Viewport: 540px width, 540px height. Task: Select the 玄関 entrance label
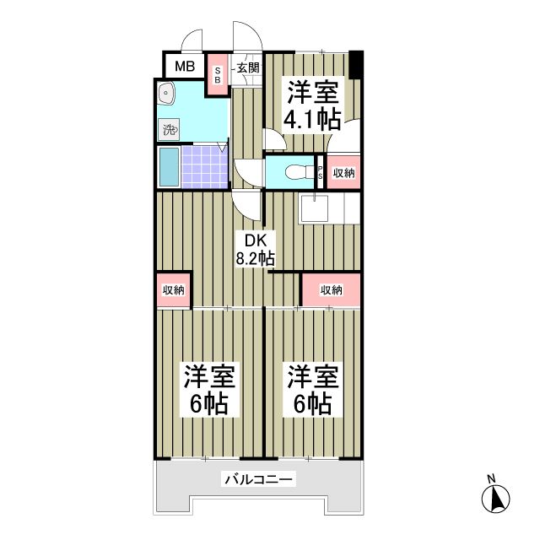click(246, 67)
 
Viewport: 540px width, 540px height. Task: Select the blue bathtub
click(168, 168)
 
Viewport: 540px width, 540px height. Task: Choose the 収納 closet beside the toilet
click(343, 173)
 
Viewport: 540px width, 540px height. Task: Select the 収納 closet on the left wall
click(174, 290)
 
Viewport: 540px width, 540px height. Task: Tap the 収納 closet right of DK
click(332, 290)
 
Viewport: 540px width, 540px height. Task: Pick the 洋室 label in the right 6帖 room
click(312, 375)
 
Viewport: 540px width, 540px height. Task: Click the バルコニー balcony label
click(258, 480)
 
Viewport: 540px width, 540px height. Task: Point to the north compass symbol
click(498, 498)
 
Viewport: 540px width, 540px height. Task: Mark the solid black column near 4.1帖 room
click(356, 64)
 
